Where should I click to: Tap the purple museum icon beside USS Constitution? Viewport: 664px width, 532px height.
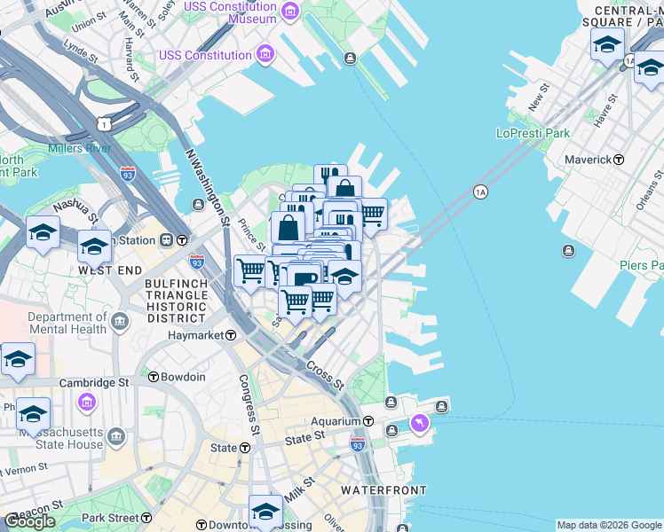click(x=265, y=55)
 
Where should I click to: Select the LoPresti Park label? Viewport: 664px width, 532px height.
click(x=533, y=134)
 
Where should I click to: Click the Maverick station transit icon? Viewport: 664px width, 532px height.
click(x=619, y=160)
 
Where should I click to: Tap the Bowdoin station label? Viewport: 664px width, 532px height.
click(x=183, y=377)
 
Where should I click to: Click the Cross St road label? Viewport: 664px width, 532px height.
click(x=324, y=372)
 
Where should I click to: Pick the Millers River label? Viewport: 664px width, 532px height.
click(x=80, y=148)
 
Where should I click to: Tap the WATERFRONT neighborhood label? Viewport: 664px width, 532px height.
click(x=384, y=489)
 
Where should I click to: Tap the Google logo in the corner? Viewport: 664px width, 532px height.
click(x=29, y=520)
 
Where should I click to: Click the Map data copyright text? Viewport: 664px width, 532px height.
click(x=609, y=525)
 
